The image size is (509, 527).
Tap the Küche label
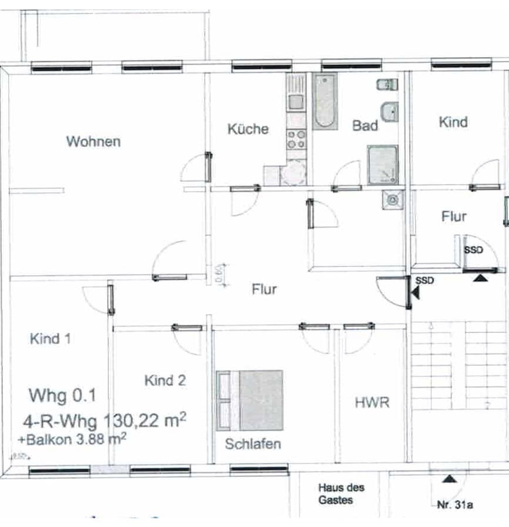pyautogui.click(x=248, y=129)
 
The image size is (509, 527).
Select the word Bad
pyautogui.click(x=365, y=125)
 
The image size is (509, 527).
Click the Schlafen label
pyautogui.click(x=252, y=444)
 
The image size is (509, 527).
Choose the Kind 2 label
pyautogui.click(x=165, y=381)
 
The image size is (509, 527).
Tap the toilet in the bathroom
pyautogui.click(x=385, y=85)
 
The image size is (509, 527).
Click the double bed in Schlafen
pyautogui.click(x=250, y=400)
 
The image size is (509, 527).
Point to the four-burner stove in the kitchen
pyautogui.click(x=295, y=140)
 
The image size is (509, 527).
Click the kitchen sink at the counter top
pyautogui.click(x=295, y=101)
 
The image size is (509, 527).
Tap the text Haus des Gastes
pyautogui.click(x=341, y=493)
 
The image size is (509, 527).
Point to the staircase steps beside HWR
pyautogui.click(x=458, y=365)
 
